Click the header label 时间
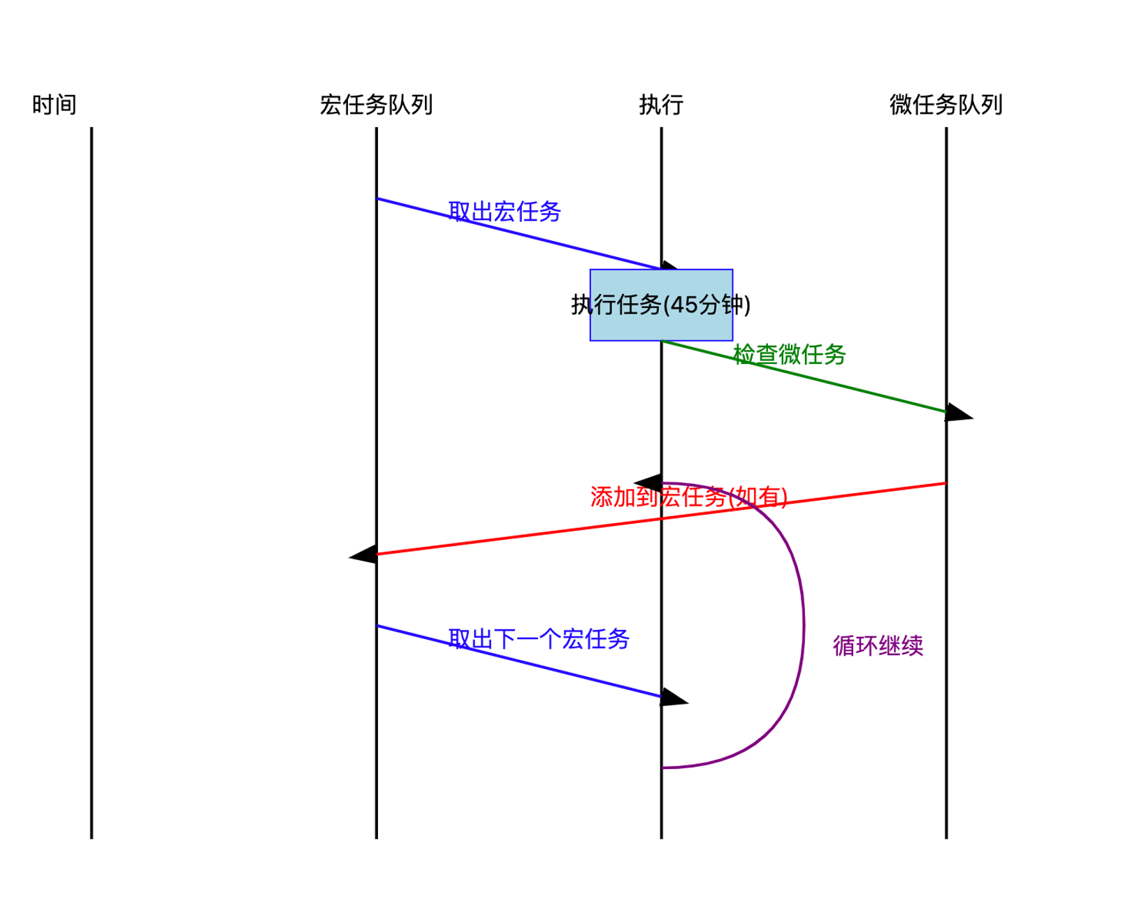[x=54, y=105]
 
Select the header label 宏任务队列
[x=376, y=105]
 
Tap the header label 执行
[x=660, y=105]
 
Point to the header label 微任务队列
[x=945, y=105]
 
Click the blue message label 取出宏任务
[x=505, y=211]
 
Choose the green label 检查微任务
[x=790, y=354]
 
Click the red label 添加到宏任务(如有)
[x=688, y=497]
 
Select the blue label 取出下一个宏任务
[x=539, y=638]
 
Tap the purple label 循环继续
[x=878, y=645]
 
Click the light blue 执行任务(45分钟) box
[x=661, y=305]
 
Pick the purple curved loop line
[x=803, y=622]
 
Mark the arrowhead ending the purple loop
[x=649, y=483]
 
